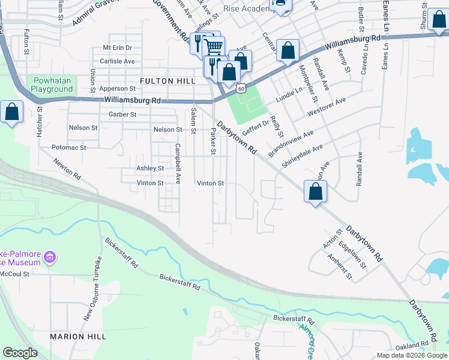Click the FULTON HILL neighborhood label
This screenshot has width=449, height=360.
164,81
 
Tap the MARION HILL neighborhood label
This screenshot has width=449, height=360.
78,337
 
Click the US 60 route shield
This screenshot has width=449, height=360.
241,88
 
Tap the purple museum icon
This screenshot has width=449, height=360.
50,258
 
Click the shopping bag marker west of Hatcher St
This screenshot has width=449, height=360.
11,112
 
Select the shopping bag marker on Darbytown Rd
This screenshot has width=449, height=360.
315,192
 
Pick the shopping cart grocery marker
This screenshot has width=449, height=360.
214,46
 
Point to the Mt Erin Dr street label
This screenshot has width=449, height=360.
117,47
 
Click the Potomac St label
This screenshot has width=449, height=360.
69,147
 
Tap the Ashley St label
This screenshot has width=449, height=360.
149,169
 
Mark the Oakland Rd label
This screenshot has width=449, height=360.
412,344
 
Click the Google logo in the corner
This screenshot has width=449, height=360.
20,353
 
